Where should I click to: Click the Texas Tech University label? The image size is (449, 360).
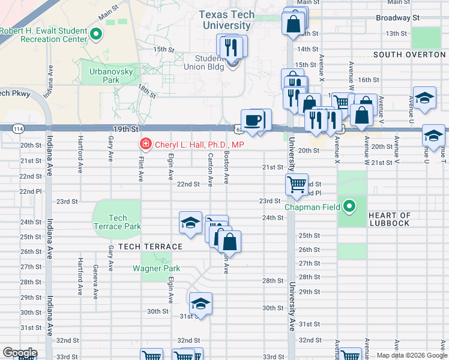(x=227, y=20)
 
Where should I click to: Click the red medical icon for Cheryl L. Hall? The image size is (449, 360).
(x=145, y=145)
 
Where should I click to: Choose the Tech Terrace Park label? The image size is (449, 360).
(x=118, y=222)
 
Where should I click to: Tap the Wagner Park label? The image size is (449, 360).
(x=156, y=268)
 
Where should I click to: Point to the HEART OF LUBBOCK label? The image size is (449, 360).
(x=390, y=220)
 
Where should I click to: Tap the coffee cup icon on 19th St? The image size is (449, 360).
(x=253, y=119)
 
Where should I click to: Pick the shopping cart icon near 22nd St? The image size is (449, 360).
(x=297, y=185)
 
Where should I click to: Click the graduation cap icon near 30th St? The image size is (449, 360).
(x=201, y=303)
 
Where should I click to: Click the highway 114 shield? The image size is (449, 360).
(x=19, y=128)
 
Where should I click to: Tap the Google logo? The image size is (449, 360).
(x=20, y=353)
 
